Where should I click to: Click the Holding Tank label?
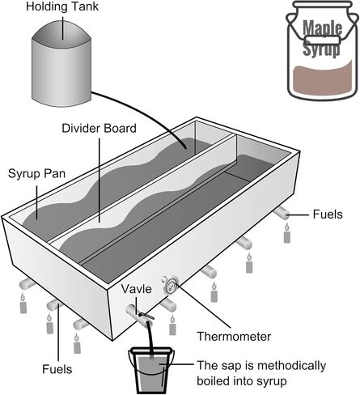62,6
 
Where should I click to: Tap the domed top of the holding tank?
61,34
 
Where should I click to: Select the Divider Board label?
99,128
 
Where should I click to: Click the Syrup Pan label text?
36,173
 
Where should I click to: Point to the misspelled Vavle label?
136,289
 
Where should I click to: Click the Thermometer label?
234,337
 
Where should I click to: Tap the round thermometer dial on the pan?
172,286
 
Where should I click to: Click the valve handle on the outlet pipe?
146,315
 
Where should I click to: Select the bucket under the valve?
151,370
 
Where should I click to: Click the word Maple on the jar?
323,28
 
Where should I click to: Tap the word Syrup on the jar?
321,49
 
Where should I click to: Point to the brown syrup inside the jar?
323,79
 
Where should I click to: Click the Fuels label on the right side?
328,214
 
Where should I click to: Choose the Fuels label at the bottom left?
57,369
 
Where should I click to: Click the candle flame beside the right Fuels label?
287,227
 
